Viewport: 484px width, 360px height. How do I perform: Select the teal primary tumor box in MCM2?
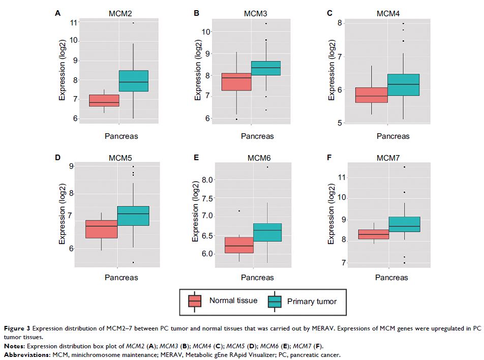133,81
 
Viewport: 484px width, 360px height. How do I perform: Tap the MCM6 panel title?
256,159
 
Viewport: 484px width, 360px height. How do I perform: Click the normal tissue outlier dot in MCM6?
239,211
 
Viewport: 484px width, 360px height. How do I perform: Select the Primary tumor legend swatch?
275,302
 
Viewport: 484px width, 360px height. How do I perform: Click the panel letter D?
57,158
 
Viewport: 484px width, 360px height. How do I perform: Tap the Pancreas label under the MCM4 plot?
393,136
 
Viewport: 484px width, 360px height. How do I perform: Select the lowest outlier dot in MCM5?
134,262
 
